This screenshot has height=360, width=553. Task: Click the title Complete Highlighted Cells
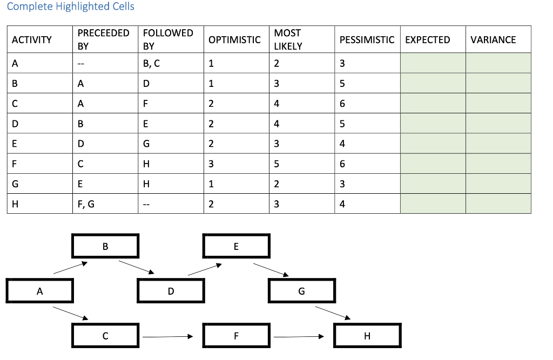[x=71, y=7]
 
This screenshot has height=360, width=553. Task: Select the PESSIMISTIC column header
[x=367, y=39]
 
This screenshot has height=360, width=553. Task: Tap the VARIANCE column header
[x=493, y=39]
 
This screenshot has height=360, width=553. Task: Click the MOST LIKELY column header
[x=288, y=39]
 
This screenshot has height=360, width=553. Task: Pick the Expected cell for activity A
[x=433, y=63]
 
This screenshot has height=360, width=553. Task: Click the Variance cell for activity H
[x=498, y=203]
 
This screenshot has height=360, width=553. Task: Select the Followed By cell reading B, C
[x=152, y=63]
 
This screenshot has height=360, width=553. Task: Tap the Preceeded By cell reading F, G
[x=86, y=203]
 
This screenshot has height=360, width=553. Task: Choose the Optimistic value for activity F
[x=211, y=164]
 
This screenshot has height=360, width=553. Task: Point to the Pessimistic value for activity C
[x=342, y=104]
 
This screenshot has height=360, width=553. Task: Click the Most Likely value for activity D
[x=276, y=124]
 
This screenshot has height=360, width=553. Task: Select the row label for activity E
[x=15, y=144]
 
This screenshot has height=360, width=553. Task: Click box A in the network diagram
[x=40, y=291]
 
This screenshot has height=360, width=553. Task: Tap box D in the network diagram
[x=171, y=291]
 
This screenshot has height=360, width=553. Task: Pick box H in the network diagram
[x=367, y=336]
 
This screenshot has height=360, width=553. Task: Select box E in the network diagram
[x=237, y=247]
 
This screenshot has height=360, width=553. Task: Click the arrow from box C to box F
[x=167, y=337]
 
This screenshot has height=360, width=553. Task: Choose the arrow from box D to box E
[x=205, y=269]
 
